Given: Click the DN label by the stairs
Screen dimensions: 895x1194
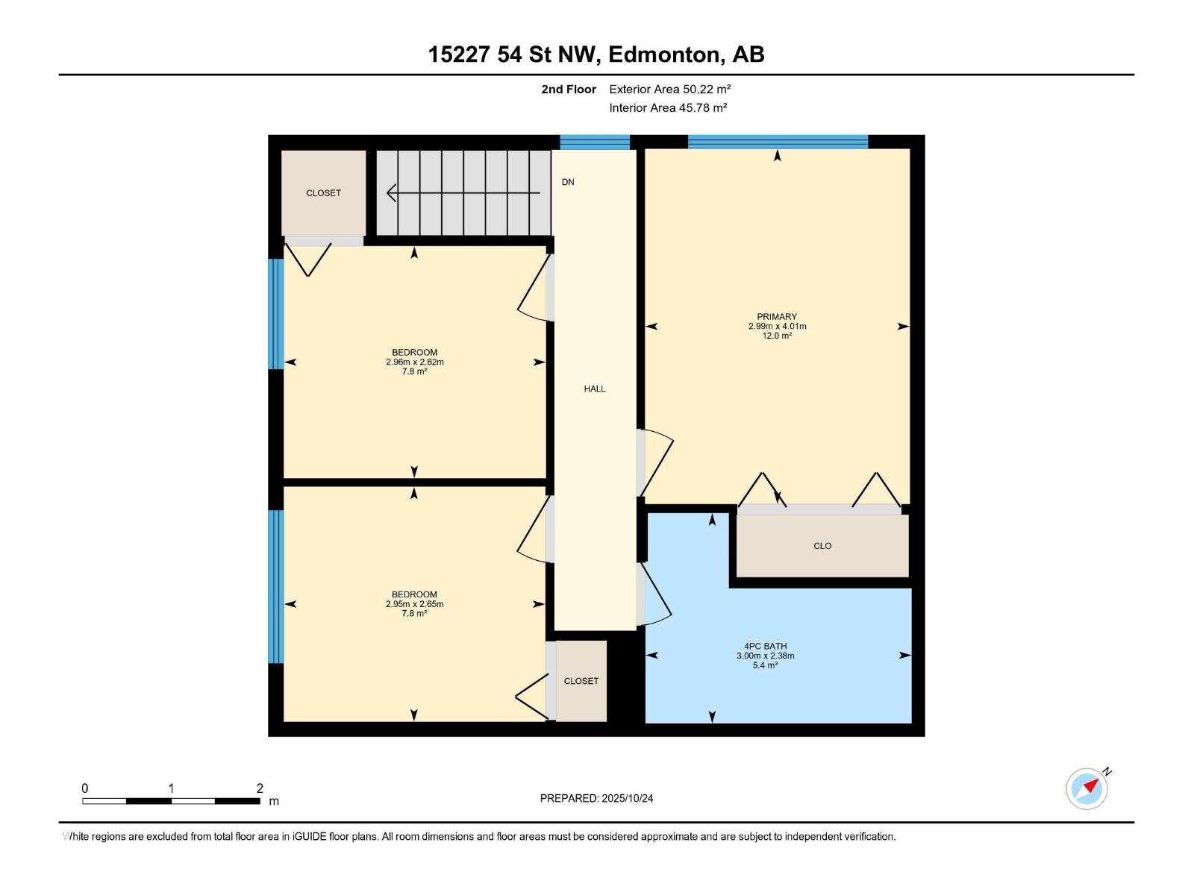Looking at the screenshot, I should tap(568, 182).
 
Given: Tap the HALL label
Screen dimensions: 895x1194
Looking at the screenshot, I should tap(595, 389).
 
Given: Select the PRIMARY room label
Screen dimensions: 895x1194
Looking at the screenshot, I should tap(777, 316).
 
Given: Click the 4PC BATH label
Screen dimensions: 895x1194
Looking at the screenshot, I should tap(765, 646).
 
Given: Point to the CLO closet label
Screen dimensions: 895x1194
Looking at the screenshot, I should tap(822, 546).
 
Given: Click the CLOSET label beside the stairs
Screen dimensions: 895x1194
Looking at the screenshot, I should tap(323, 193).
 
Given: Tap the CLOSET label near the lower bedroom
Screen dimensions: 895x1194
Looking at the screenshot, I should tap(581, 681).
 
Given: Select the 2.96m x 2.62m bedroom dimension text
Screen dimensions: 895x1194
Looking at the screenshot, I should tap(414, 362).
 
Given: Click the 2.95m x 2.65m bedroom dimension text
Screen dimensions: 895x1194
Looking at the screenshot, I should tap(414, 604).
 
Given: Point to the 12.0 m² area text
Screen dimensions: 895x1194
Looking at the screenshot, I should tap(777, 336).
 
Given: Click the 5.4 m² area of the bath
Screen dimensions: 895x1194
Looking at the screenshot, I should tap(765, 665).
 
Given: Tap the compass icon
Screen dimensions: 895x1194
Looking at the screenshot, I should tap(1087, 788).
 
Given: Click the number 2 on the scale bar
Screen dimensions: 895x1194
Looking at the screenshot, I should tap(260, 788).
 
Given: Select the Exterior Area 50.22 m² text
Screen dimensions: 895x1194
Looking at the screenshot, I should tap(669, 89).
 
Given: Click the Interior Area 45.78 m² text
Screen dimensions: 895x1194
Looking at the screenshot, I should tap(668, 107).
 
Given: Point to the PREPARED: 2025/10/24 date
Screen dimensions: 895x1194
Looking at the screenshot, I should tap(596, 798).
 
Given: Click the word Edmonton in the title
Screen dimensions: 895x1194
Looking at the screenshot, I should tap(665, 54).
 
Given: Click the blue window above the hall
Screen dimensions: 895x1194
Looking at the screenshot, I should tap(595, 142).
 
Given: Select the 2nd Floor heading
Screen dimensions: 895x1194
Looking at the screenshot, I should tap(569, 89).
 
